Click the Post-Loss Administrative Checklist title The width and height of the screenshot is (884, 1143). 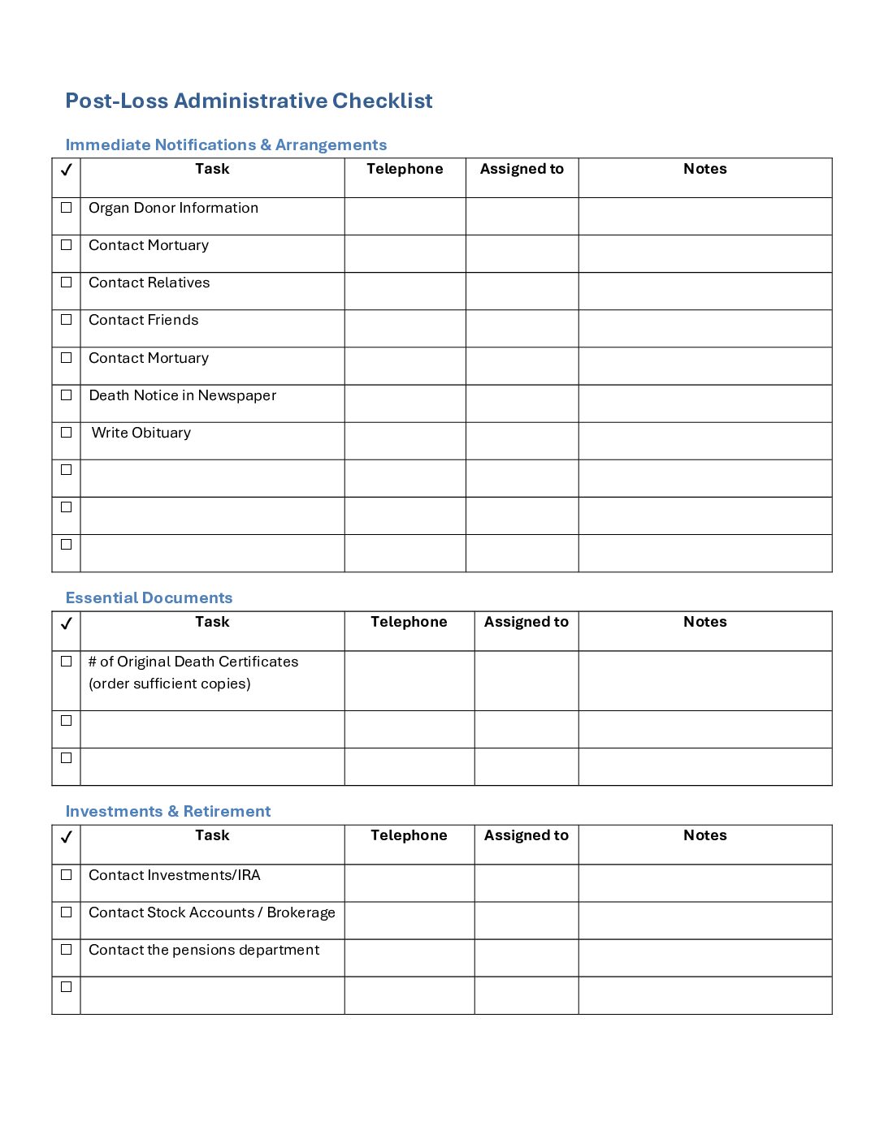point(249,101)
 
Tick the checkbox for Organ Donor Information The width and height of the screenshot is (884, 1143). point(67,208)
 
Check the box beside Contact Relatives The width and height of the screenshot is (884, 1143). point(67,283)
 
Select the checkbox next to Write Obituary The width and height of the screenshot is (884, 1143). point(67,433)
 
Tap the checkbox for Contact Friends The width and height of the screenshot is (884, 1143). point(67,320)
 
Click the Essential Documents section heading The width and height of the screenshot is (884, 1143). point(149,598)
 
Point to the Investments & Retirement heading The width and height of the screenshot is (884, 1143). point(168,812)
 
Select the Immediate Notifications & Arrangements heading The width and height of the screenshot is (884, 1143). point(226,145)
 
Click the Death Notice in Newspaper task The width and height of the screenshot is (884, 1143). point(183,395)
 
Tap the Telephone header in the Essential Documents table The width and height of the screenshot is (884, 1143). point(409,622)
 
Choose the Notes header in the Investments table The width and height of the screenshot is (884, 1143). point(704,835)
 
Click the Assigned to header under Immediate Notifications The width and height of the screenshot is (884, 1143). point(522,169)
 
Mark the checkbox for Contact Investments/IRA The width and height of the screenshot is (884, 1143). point(67,875)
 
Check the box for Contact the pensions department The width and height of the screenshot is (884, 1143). point(67,950)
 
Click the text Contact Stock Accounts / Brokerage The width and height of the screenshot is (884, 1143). point(212,912)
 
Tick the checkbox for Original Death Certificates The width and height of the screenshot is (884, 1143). point(67,662)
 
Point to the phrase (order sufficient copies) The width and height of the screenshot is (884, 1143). point(170,684)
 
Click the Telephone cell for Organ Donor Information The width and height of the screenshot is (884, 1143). point(405,216)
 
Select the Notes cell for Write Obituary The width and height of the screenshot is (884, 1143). point(704,441)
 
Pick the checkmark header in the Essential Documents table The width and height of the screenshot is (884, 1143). point(67,623)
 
